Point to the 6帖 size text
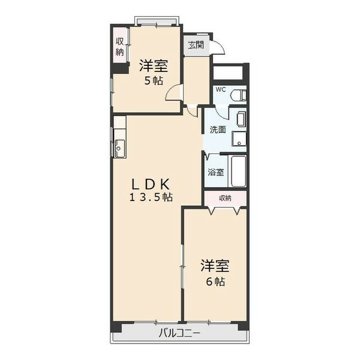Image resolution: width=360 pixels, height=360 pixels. click(215, 281)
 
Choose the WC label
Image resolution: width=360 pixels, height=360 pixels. click(221, 89)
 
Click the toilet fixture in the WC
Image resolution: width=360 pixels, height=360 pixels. click(238, 95)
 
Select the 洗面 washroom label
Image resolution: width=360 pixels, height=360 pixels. click(217, 129)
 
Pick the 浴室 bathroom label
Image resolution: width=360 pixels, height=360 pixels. click(216, 172)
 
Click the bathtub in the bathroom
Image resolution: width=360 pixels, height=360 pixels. click(238, 172)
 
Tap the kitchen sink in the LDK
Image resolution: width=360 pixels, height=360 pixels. click(119, 146)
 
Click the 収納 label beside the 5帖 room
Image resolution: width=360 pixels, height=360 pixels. click(120, 47)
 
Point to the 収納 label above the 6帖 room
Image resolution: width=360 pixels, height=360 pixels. click(224, 198)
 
